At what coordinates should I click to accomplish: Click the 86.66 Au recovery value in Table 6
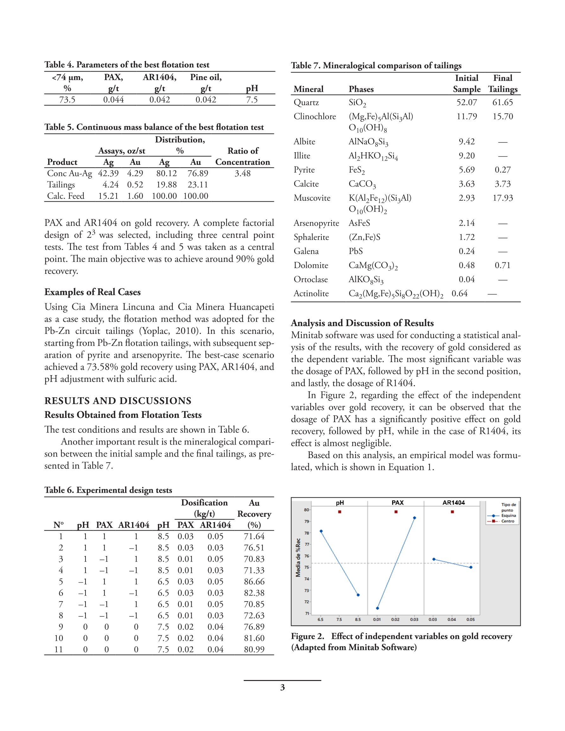tap(254, 581)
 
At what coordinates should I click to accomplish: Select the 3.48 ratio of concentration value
tap(243, 173)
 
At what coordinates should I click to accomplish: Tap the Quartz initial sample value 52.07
tap(467, 103)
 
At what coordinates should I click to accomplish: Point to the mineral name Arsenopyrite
tap(316, 223)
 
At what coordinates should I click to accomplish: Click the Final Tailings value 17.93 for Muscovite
tap(502, 198)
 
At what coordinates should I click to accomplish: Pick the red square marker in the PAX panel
tap(396, 512)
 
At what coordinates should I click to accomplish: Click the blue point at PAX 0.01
tap(378, 608)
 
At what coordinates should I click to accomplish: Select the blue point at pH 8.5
tap(358, 595)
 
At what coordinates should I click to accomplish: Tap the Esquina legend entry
tap(508, 516)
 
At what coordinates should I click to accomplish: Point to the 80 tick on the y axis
tap(307, 510)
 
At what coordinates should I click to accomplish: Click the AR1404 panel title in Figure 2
tap(454, 503)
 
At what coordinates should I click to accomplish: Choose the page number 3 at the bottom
tap(282, 688)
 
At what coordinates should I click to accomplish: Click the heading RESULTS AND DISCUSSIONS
tap(118, 401)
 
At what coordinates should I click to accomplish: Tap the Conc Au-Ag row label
tap(69, 173)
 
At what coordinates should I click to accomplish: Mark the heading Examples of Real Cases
tap(92, 292)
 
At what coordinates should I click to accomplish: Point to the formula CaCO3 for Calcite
tap(362, 184)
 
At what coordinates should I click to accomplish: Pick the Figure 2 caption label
tap(307, 636)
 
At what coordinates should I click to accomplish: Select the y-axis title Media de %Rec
tap(298, 558)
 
